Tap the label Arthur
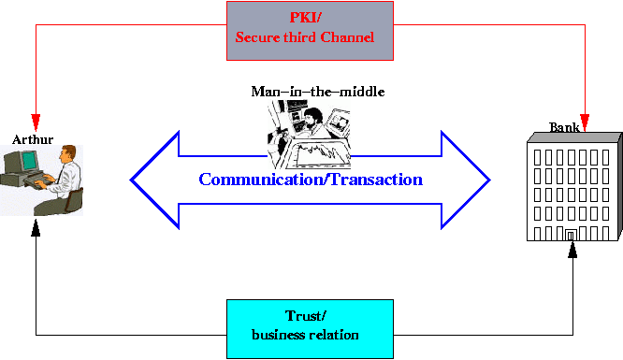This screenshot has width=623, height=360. pyautogui.click(x=33, y=139)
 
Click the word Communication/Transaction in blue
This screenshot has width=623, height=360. pyautogui.click(x=311, y=179)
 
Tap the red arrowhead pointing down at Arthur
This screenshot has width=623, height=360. pyautogui.click(x=36, y=122)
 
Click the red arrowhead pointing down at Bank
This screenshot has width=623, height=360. pyautogui.click(x=586, y=122)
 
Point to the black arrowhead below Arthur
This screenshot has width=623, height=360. pyautogui.click(x=36, y=227)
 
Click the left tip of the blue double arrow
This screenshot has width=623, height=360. pyautogui.click(x=134, y=179)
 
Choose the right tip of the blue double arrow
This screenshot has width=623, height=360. pyautogui.click(x=486, y=179)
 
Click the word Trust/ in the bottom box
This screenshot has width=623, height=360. pyautogui.click(x=304, y=317)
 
